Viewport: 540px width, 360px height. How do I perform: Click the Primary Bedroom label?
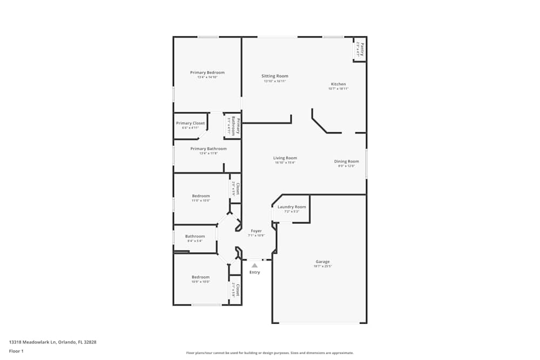point(207,72)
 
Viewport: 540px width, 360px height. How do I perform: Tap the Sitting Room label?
point(275,76)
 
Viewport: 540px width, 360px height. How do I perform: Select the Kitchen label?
point(339,84)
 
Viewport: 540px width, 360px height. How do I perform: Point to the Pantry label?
point(362,50)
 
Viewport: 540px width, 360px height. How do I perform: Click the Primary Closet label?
point(191,123)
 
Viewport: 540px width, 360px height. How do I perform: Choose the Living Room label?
point(285,158)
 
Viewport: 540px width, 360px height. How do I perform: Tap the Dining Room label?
point(347,161)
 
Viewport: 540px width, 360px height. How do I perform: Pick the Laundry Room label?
point(292,207)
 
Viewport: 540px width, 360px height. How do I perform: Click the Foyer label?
point(256,231)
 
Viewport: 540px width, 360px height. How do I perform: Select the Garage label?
point(323,262)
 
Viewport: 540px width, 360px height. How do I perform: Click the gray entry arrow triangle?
point(254,265)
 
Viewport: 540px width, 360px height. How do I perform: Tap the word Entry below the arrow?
point(255,272)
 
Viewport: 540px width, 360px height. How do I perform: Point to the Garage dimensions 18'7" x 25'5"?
point(323,266)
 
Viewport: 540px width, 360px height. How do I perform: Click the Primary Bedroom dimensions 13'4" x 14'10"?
point(207,77)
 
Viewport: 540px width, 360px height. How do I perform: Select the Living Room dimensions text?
point(285,162)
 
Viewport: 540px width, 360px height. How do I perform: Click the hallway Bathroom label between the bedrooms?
point(195,236)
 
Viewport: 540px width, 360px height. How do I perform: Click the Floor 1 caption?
point(16,351)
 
